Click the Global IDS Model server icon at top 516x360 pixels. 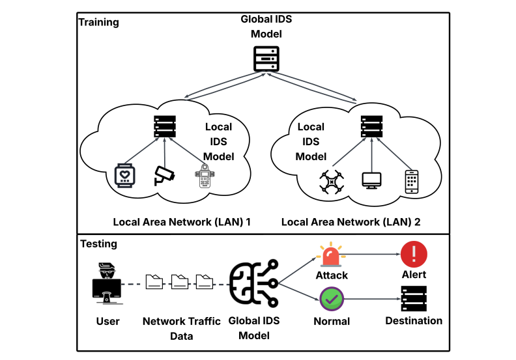pos(265,59)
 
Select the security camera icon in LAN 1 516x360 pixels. pos(164,175)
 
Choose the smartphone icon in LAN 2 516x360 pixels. pos(411,182)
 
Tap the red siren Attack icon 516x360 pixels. pos(331,255)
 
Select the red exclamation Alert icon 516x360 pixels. pos(413,254)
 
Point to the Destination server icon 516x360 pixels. pos(413,298)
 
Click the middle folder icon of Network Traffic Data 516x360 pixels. pos(179,282)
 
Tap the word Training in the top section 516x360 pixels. pos(99,22)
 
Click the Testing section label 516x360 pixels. pos(98,244)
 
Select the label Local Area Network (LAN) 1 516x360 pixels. pos(182,222)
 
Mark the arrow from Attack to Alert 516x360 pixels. pos(371,255)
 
